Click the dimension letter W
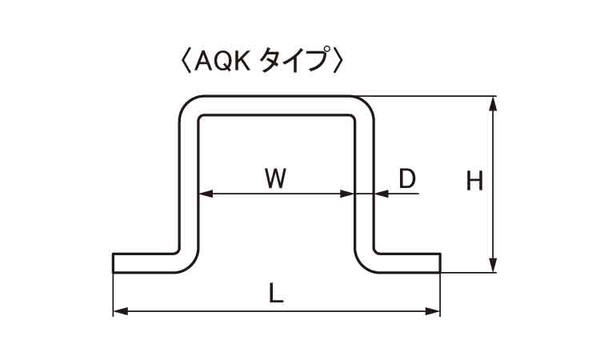(275, 178)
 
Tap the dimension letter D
(407, 178)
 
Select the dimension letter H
(475, 182)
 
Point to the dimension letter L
(275, 294)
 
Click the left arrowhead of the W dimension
(203, 194)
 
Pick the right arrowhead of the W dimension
(348, 194)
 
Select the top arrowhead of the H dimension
(494, 102)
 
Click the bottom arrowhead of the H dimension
(494, 266)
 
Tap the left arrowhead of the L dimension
(118, 310)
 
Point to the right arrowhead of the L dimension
(434, 310)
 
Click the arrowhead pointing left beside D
(379, 194)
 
